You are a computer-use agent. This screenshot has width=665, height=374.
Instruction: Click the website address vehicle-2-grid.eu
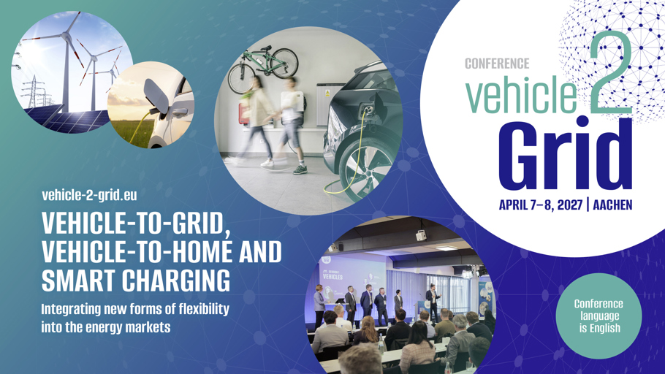pos(89,195)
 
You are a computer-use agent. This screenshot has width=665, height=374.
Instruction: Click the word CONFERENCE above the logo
pos(497,64)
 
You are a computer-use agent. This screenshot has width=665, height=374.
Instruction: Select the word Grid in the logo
pos(566,153)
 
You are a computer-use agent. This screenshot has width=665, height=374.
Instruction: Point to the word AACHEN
pos(612,205)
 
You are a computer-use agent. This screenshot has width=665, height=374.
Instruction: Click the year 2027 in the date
pos(569,205)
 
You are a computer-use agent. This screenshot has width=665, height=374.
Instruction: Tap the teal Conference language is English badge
pos(598,316)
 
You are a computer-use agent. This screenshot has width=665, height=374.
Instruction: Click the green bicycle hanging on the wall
pos(263,67)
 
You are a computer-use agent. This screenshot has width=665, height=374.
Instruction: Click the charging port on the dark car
pos(368,110)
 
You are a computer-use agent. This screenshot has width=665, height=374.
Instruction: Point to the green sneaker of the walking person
pos(300,169)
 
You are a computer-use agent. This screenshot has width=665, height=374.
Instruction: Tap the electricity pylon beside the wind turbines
pos(32,92)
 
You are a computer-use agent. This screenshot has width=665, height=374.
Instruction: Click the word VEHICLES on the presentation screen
pos(333,276)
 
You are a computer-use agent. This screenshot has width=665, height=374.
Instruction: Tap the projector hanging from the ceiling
pos(420,235)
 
